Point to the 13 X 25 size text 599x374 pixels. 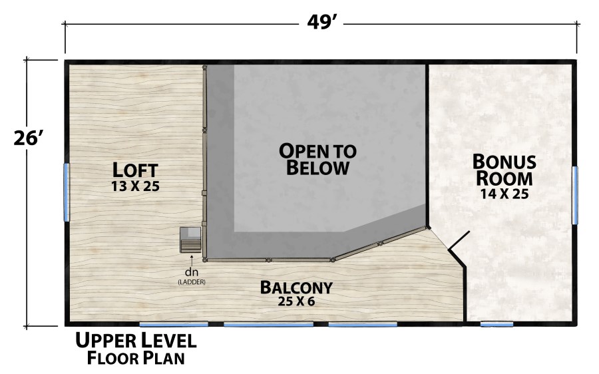(x=136, y=186)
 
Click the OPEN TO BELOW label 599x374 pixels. (x=317, y=159)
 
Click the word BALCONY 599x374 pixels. (x=296, y=288)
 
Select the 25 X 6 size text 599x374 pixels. (x=296, y=302)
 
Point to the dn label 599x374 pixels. (x=192, y=272)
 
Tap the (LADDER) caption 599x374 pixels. (x=192, y=282)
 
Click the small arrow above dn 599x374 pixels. (x=192, y=260)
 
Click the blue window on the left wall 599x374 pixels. (x=66, y=192)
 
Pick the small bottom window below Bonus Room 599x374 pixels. (x=497, y=324)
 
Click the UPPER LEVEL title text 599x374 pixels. (x=136, y=341)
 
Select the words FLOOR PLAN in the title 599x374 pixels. (x=135, y=359)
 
